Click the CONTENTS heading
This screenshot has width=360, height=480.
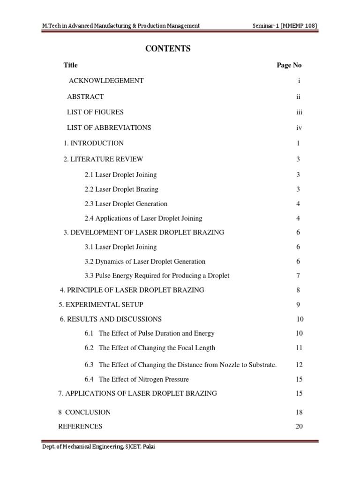click(169, 49)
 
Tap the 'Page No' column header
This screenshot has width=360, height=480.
click(289, 65)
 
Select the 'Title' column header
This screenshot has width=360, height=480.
click(71, 65)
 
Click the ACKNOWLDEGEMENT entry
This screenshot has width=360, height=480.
click(106, 81)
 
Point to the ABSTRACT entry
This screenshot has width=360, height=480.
click(85, 97)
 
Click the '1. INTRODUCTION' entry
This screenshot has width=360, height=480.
click(94, 143)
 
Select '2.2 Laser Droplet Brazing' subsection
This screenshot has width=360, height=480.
click(121, 189)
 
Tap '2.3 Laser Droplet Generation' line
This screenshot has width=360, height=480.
click(126, 204)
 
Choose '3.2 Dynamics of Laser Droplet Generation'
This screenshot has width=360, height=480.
click(145, 262)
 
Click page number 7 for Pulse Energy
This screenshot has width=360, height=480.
click(298, 276)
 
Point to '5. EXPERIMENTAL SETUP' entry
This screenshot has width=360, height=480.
click(101, 305)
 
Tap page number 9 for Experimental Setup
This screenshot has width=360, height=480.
click(298, 305)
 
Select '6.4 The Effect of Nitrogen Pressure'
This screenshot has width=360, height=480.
click(137, 379)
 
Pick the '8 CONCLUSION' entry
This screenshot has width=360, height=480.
click(84, 412)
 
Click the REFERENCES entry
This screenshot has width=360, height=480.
click(80, 427)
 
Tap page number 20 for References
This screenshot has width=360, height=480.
click(300, 427)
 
